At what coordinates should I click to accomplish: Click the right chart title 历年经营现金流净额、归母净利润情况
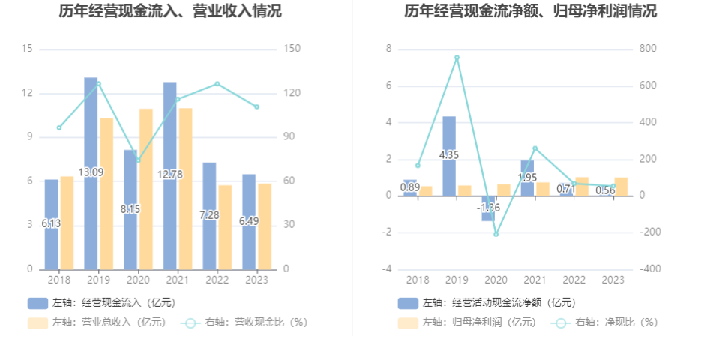click(x=530, y=11)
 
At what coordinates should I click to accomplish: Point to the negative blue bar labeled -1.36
click(x=488, y=209)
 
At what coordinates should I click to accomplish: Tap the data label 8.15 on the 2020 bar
click(x=130, y=209)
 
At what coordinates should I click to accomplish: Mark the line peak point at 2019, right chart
click(x=457, y=57)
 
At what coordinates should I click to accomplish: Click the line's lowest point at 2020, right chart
click(x=496, y=234)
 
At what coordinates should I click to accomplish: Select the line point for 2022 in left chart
click(x=217, y=83)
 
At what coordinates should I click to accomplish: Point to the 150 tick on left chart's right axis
click(x=292, y=49)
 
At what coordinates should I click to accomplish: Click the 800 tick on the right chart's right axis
click(x=648, y=49)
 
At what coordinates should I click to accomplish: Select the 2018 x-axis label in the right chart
click(x=418, y=280)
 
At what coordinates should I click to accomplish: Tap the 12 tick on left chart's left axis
click(x=28, y=93)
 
